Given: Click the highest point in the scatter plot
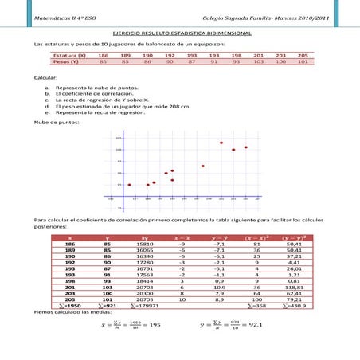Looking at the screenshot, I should [221, 143].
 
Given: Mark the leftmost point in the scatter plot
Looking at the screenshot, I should [129, 185].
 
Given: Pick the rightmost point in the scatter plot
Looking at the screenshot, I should [246, 147].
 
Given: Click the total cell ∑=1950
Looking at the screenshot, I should [71, 304].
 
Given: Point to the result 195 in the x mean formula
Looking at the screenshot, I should [155, 326].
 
